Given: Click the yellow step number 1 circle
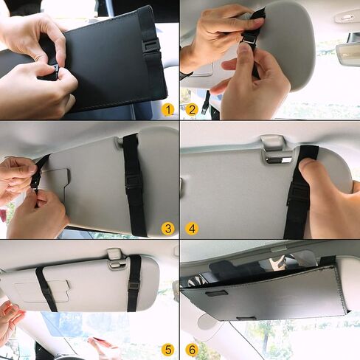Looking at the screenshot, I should (x=168, y=110).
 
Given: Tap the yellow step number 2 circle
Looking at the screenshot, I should (x=192, y=110).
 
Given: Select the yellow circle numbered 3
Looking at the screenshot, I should (x=168, y=229).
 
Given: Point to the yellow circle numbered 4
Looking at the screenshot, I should (x=192, y=229).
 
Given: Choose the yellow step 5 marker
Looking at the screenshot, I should (x=168, y=349).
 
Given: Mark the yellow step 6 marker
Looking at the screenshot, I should (x=192, y=349).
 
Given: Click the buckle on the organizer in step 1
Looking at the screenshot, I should (x=150, y=45).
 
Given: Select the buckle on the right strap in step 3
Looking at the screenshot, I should (x=133, y=179).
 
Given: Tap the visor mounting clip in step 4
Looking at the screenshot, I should (x=273, y=146).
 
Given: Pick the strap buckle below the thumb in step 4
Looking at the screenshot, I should (x=299, y=195).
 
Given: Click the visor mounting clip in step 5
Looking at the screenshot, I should (x=114, y=255).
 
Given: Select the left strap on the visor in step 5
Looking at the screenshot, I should (x=46, y=288).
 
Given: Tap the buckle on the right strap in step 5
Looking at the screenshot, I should (x=134, y=284).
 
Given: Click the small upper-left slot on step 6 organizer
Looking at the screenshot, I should (x=216, y=294).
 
